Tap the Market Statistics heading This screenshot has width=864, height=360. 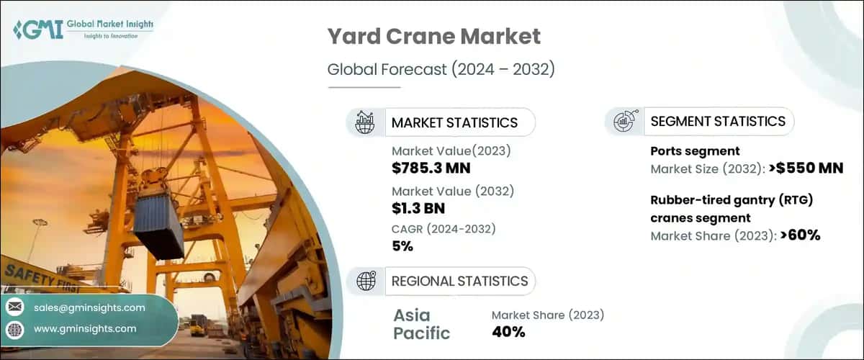tap(454, 122)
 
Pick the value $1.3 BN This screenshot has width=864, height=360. tap(418, 209)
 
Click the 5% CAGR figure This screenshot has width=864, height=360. tap(402, 246)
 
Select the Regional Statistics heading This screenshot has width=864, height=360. tap(459, 282)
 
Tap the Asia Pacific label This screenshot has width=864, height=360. tap(422, 323)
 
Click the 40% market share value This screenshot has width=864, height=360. tap(508, 332)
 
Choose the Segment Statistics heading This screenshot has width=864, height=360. tap(717, 122)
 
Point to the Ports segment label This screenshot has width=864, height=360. tap(695, 151)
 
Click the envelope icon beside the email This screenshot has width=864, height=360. tap(14, 308)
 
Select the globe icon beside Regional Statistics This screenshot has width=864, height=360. tap(366, 282)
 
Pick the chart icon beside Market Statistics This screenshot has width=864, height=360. tap(366, 122)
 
